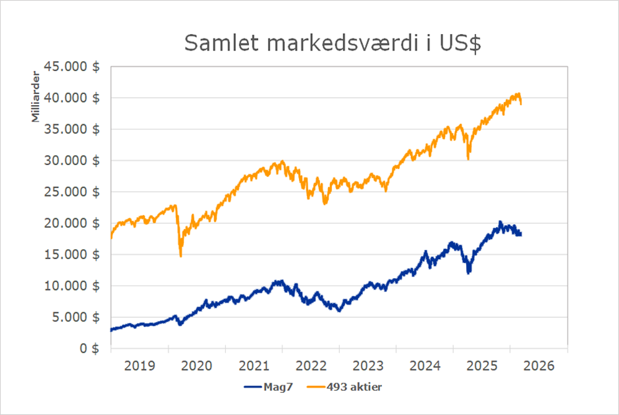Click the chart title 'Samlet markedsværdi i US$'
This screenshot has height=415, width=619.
pyautogui.click(x=332, y=44)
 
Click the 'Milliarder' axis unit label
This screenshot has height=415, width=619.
pyautogui.click(x=37, y=100)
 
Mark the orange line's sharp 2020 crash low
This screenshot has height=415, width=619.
pyautogui.click(x=181, y=255)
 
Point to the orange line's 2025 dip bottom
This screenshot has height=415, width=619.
pyautogui.click(x=468, y=159)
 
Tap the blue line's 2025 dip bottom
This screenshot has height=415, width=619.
pyautogui.click(x=469, y=272)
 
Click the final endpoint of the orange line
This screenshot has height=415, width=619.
pyautogui.click(x=521, y=104)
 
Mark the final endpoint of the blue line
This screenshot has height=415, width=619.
pyautogui.click(x=521, y=234)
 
